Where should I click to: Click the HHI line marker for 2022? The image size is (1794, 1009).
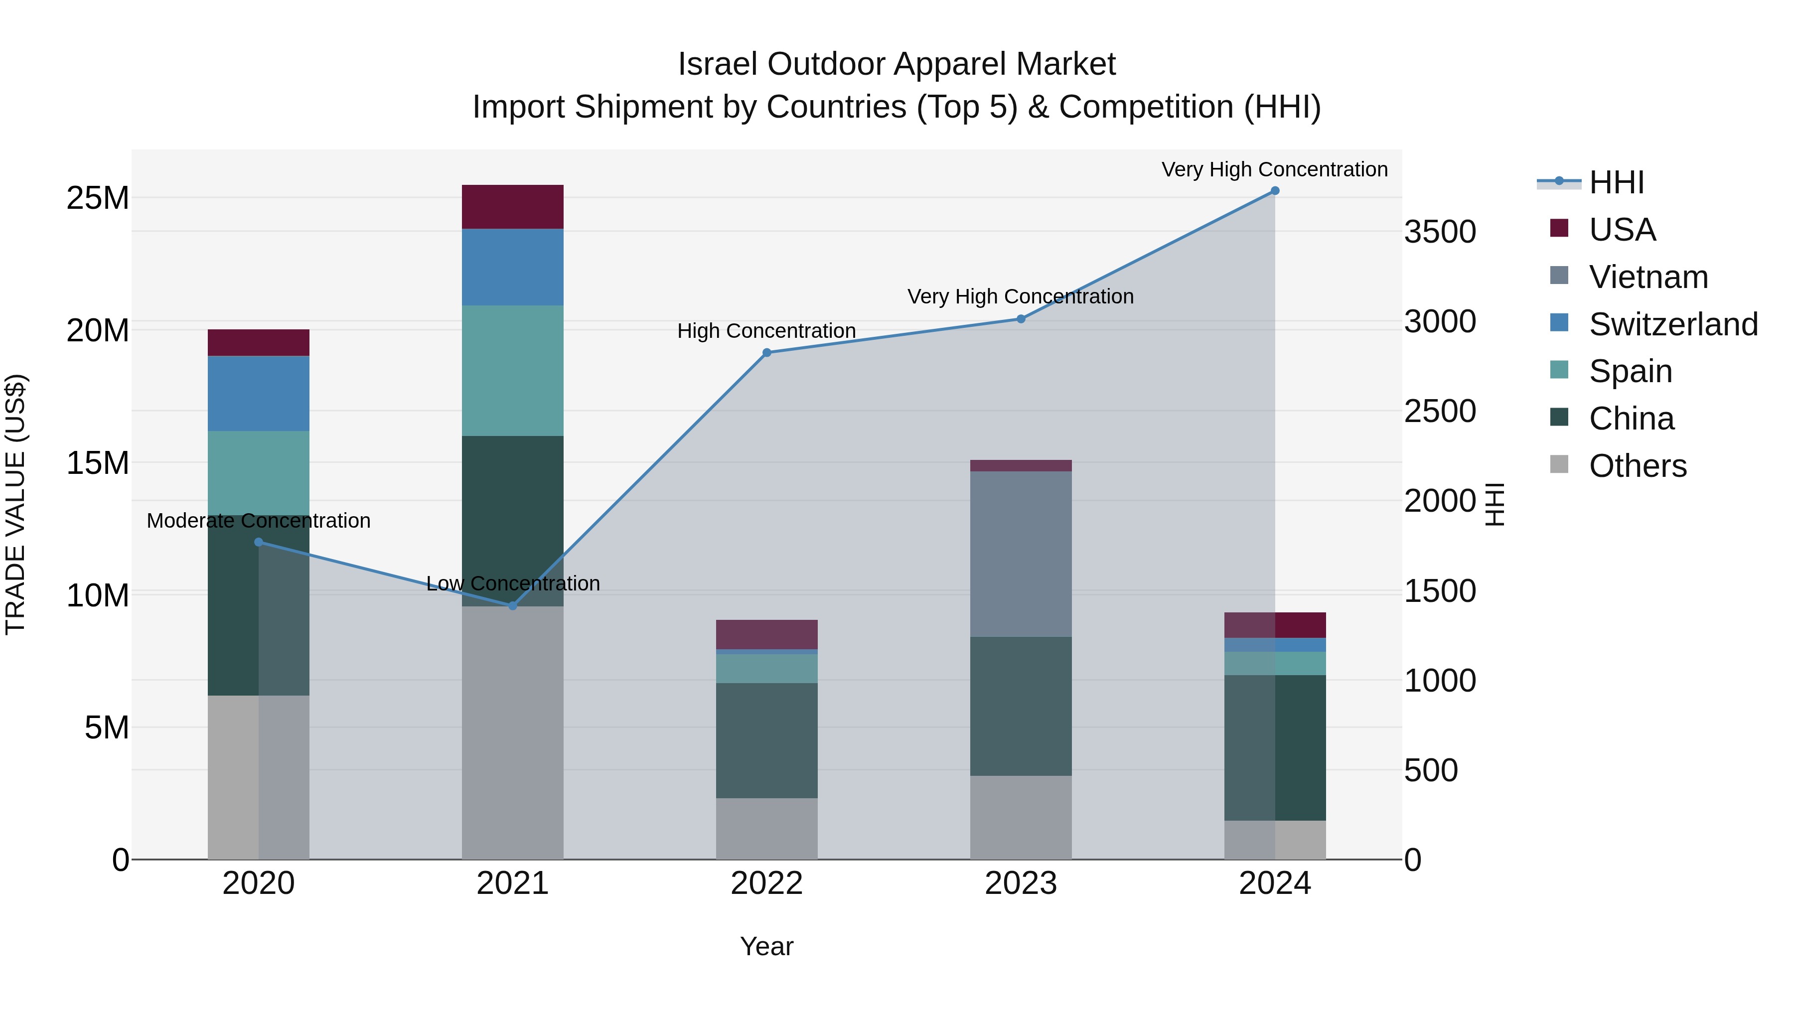tap(767, 353)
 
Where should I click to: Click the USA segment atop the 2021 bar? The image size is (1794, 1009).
tap(513, 207)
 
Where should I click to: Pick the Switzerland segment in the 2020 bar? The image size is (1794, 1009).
tap(258, 394)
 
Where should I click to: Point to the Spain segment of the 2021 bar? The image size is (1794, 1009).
tap(513, 370)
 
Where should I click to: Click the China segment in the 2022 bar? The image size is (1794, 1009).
tap(767, 740)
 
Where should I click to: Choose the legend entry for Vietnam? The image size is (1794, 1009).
tap(1648, 277)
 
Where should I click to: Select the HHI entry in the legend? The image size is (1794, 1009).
tap(1616, 182)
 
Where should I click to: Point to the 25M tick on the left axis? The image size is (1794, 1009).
tap(98, 198)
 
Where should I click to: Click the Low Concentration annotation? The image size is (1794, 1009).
tap(513, 583)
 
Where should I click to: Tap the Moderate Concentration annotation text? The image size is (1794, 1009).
tap(258, 521)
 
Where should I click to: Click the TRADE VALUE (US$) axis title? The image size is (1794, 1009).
tap(15, 504)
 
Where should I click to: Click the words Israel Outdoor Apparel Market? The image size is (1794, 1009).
tap(897, 64)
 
